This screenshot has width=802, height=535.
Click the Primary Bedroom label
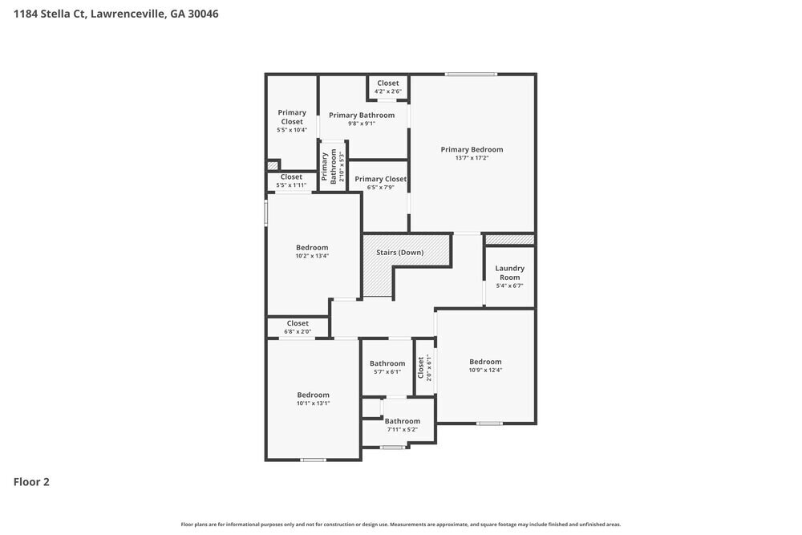coord(472,149)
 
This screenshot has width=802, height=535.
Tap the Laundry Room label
coord(509,273)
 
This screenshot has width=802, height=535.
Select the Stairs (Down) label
coord(399,253)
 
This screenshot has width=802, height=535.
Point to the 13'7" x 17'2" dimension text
coord(472,158)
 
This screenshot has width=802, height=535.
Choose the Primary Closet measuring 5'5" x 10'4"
coord(292,120)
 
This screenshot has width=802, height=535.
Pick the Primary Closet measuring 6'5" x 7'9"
coord(380,183)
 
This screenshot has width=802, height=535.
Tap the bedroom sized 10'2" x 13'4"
coord(312,251)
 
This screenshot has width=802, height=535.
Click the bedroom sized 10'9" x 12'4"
coord(485,365)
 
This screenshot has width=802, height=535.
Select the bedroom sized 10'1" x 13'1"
coord(313,399)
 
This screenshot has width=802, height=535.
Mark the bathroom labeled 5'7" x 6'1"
coord(387,367)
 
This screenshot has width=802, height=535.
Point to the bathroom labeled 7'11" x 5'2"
coord(402,424)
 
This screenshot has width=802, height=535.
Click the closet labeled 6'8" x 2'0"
coord(297,326)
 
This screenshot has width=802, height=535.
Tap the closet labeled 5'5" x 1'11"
coord(291,180)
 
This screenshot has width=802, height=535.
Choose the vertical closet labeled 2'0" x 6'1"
coord(424,367)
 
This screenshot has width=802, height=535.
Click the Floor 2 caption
coord(31,482)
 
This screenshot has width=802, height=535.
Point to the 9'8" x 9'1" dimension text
coord(362,124)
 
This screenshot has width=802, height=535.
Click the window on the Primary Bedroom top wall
coord(471,75)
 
